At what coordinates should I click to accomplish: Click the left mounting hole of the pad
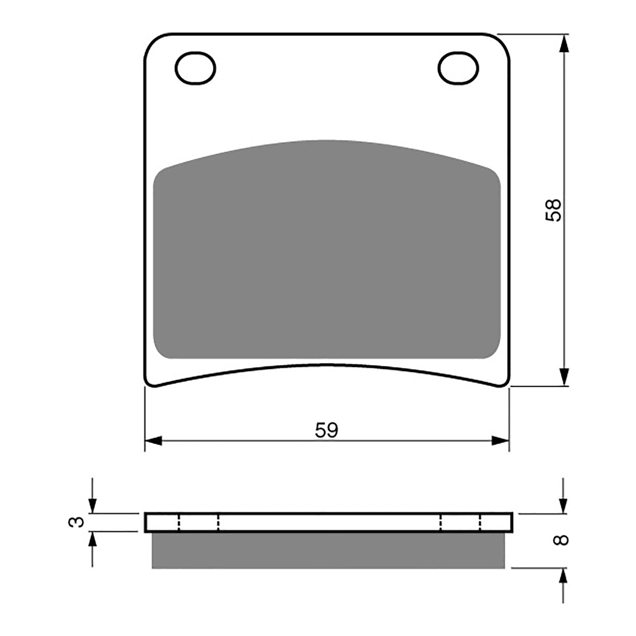tap(195, 68)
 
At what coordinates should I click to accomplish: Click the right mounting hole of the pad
tap(458, 68)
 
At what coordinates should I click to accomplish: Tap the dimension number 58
tap(553, 210)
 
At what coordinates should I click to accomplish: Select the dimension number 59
tap(326, 430)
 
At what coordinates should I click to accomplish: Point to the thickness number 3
tap(77, 522)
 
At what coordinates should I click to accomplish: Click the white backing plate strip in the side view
tap(328, 522)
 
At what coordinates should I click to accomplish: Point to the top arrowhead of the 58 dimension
tap(563, 44)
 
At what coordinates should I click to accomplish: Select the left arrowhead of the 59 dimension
tap(153, 440)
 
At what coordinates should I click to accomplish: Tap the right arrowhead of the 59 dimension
tap(500, 440)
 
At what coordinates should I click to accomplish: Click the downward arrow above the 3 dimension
tap(92, 505)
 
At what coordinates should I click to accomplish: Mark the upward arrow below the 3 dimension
tap(92, 539)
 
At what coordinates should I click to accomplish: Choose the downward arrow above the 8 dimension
tap(563, 505)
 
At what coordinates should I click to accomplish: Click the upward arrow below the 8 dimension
tap(563, 576)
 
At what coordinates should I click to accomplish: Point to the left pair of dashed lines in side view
tap(198, 522)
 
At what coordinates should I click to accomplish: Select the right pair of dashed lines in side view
tap(460, 522)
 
